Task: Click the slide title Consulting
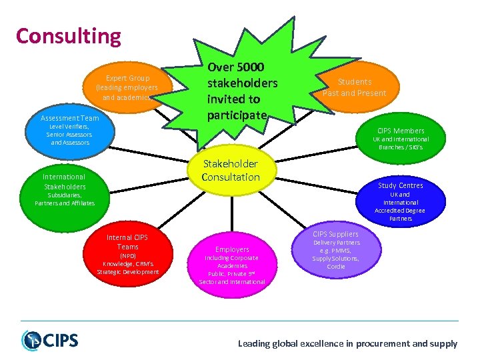(69, 36)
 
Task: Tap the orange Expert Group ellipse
(127, 87)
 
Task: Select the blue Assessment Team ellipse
(69, 129)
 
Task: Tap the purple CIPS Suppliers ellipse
(335, 251)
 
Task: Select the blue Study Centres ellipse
(400, 200)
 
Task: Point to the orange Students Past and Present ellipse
(354, 87)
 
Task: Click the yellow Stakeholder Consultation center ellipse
(231, 171)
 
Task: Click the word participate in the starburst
(237, 115)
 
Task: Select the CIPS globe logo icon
(32, 340)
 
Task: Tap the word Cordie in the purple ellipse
(336, 267)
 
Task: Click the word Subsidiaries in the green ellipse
(64, 195)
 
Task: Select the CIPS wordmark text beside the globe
(61, 341)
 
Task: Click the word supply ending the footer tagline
(445, 344)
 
